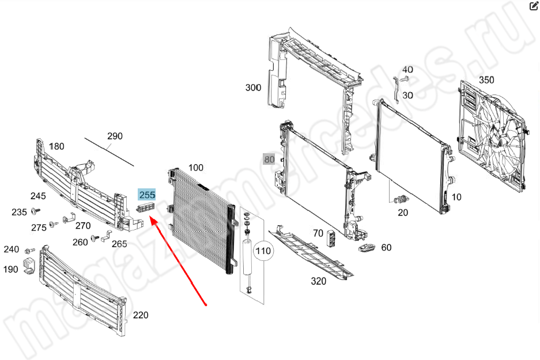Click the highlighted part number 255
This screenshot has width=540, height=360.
(147, 195)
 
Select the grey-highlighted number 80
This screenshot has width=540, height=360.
(269, 160)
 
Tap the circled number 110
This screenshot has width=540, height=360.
(263, 251)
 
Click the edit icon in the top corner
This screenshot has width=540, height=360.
(534, 6)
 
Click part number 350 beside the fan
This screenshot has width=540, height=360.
(486, 80)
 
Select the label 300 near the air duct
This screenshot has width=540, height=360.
(253, 88)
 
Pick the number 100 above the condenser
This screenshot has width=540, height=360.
(195, 168)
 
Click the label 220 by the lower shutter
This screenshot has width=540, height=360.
(141, 315)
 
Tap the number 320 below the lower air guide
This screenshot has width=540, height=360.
(318, 281)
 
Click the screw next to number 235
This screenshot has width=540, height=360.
(35, 211)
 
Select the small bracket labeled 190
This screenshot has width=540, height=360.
(29, 266)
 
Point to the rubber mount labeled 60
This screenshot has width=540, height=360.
(367, 247)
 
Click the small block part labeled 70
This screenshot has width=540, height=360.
(331, 238)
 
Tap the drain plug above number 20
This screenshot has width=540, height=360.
(401, 199)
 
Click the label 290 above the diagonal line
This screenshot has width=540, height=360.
(115, 137)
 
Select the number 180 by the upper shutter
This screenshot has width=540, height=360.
(57, 147)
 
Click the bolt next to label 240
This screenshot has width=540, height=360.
(31, 250)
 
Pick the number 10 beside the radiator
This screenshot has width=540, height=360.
(456, 197)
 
